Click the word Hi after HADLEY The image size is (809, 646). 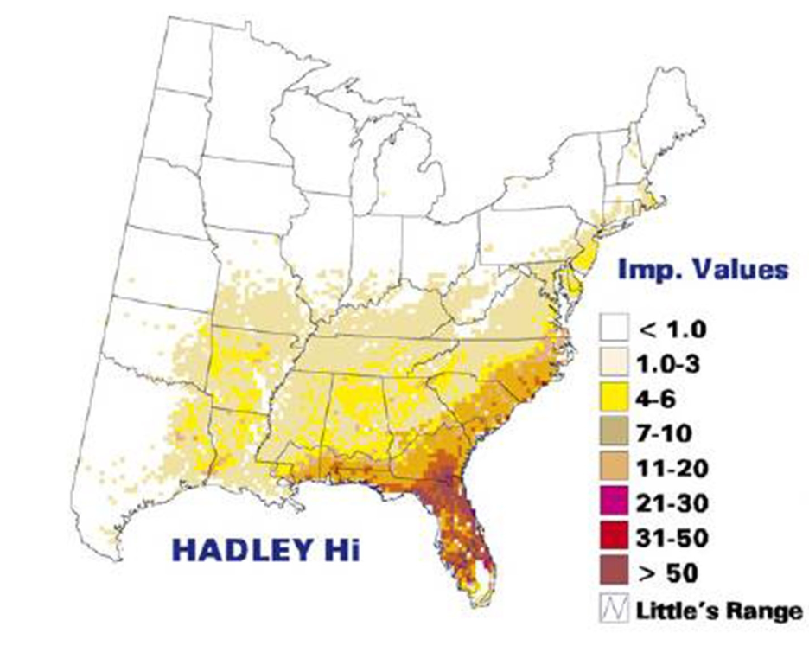click(330, 549)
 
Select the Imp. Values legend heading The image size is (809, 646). click(702, 269)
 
